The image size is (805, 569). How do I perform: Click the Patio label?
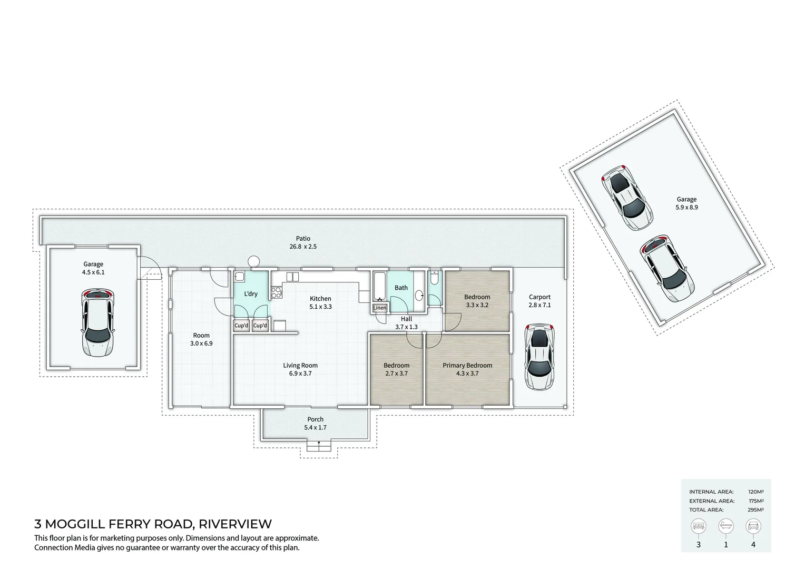[x=303, y=239]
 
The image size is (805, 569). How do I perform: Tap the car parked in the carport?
[x=539, y=357]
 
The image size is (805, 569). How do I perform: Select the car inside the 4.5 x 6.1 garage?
[x=97, y=322]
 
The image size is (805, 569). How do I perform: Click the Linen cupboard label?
[x=379, y=308]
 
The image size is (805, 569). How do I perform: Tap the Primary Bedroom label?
[x=467, y=365]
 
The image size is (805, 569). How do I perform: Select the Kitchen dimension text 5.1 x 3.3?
[x=320, y=307]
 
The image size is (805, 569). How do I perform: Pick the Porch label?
[x=316, y=419]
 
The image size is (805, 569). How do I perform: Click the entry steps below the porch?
[x=319, y=446]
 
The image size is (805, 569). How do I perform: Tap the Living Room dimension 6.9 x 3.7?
[x=300, y=374]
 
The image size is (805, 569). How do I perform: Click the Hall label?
[x=406, y=319]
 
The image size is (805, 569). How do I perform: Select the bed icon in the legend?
[x=699, y=526]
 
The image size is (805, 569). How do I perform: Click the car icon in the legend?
[x=753, y=526]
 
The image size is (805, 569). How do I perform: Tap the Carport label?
[x=539, y=297]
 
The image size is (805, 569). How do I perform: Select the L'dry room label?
[x=251, y=294]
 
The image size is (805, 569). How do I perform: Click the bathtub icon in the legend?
[x=725, y=526]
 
